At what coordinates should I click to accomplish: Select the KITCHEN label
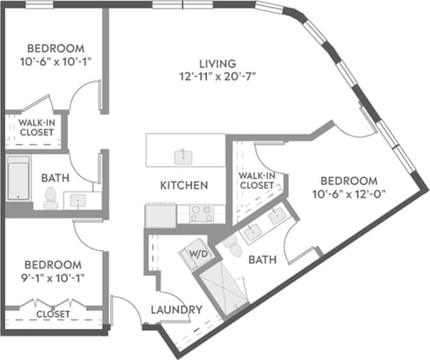[184, 186]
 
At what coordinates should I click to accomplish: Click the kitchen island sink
[180, 155]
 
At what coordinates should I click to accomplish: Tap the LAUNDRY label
[177, 310]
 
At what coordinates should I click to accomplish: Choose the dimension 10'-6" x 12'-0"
[349, 194]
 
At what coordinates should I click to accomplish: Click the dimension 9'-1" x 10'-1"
[52, 278]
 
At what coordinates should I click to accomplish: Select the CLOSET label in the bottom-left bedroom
[53, 314]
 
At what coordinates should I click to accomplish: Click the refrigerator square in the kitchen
[160, 216]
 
